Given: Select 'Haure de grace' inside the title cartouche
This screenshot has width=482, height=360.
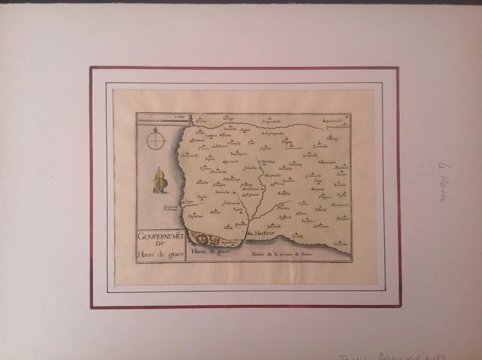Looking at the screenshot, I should [x=160, y=253].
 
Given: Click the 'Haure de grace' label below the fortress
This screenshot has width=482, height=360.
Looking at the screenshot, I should [x=209, y=252].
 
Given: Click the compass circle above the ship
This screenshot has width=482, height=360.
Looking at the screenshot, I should [x=157, y=140].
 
